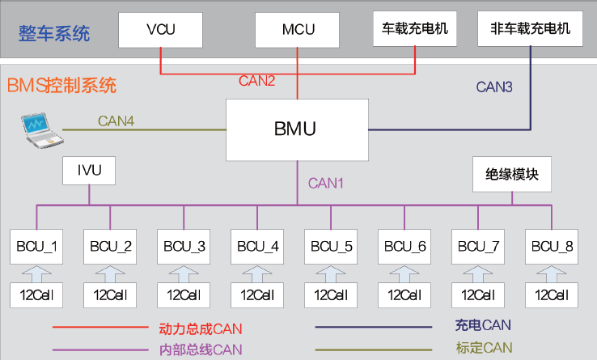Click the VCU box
[x=160, y=29]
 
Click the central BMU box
[x=296, y=129]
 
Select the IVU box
[x=89, y=172]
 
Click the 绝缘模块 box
[x=512, y=173]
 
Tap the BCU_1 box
[x=37, y=246]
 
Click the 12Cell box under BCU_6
[x=404, y=294]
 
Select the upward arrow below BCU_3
[x=184, y=272]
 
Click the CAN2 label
[x=256, y=81]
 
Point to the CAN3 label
[x=494, y=87]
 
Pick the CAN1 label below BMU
[x=326, y=183]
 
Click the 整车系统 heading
[x=54, y=34]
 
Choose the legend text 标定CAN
[x=484, y=348]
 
